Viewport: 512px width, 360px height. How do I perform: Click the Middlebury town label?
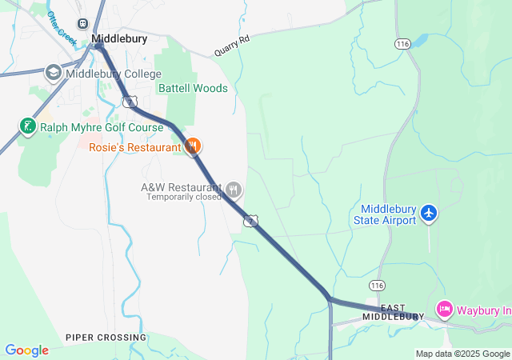click(118, 38)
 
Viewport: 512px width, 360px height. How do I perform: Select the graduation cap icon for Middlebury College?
click(54, 73)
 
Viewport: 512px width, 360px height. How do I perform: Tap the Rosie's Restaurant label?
click(134, 147)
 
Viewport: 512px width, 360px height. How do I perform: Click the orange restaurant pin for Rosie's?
click(192, 146)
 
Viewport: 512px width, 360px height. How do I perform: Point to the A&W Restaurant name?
click(181, 186)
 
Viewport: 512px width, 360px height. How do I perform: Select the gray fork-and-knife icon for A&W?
click(233, 190)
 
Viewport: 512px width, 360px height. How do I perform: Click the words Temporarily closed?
click(183, 197)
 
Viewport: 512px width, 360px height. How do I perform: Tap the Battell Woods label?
click(193, 88)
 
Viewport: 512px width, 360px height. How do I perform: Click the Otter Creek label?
click(62, 27)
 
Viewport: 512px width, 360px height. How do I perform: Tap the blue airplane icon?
click(430, 213)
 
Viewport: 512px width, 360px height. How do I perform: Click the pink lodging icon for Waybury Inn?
click(445, 309)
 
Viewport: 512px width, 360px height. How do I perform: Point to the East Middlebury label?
click(392, 312)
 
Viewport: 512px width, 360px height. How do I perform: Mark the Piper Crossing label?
click(106, 338)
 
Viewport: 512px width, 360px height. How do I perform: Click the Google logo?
click(26, 350)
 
